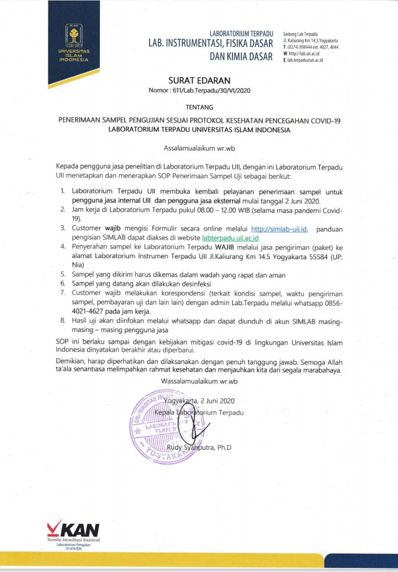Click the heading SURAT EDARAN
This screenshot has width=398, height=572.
point(199,80)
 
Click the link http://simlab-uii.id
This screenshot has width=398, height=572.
point(279,229)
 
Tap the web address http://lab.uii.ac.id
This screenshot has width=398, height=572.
point(304,54)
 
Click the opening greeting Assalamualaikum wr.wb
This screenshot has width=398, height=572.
point(198,147)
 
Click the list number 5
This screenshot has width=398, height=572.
point(63,275)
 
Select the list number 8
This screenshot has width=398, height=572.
point(63,321)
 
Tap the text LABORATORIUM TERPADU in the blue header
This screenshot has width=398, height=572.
point(241,34)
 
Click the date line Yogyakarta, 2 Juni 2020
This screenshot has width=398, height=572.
point(199,401)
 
